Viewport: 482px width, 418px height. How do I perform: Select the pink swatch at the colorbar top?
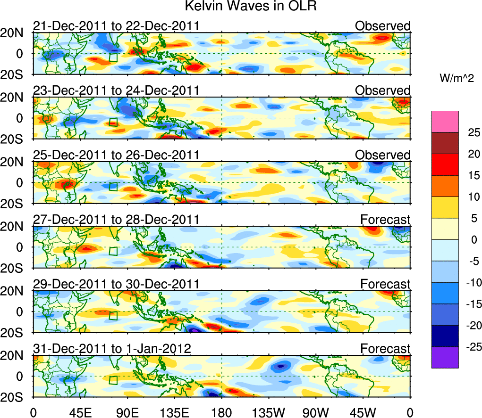[x=444, y=122]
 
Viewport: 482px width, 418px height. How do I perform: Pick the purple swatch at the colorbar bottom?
[x=444, y=357]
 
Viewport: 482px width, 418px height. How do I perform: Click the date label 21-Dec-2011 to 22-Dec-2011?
[x=116, y=26]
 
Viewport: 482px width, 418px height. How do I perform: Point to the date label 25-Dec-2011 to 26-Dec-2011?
[x=116, y=155]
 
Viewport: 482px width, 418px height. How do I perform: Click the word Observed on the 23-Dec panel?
[x=383, y=90]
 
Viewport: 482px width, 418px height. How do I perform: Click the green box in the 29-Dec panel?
[x=113, y=315]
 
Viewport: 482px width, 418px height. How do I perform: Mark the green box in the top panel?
[x=113, y=57]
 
